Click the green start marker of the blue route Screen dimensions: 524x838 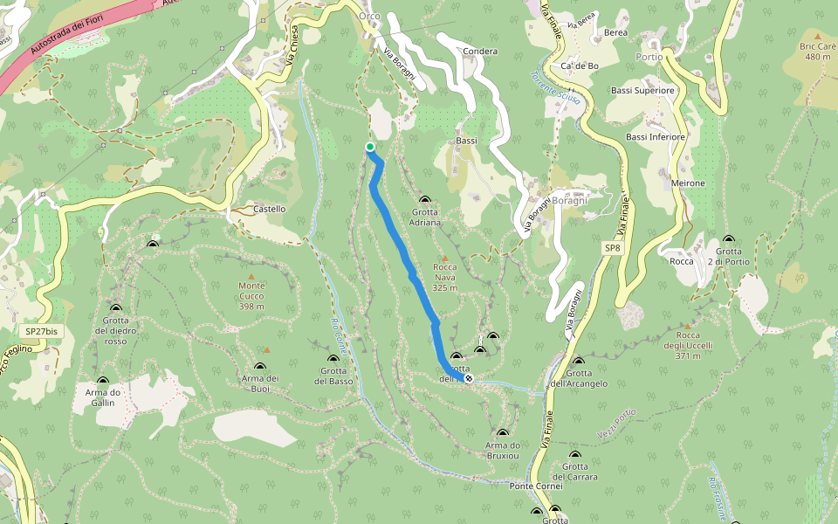[x=370, y=147]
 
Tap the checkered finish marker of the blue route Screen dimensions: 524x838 [x=469, y=379]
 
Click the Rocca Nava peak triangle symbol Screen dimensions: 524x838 [x=444, y=259]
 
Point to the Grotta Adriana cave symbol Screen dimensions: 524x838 [x=425, y=200]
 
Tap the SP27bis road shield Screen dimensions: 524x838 [x=42, y=332]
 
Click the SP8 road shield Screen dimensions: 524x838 [x=614, y=249]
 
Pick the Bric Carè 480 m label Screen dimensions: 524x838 [x=818, y=52]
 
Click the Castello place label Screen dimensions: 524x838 [x=269, y=210]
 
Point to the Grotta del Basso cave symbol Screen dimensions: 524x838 [x=333, y=359]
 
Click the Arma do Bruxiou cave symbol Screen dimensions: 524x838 [x=502, y=433]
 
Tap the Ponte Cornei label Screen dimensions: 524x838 [x=538, y=486]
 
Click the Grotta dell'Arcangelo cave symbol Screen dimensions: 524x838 [x=579, y=362]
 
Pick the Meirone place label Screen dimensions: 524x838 [x=689, y=183]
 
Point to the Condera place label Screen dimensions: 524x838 [x=481, y=52]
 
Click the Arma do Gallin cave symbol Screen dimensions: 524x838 [x=102, y=381]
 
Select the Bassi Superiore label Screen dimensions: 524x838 [x=642, y=90]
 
